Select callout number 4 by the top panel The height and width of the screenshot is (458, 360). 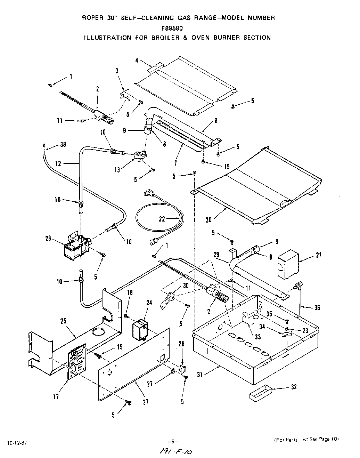point(137,61)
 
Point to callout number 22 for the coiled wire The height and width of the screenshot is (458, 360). point(162,219)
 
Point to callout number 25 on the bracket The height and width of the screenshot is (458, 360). point(63,320)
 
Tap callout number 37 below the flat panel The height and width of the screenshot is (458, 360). point(146,402)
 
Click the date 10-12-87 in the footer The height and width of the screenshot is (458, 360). point(16,443)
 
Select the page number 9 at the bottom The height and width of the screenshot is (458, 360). point(172,442)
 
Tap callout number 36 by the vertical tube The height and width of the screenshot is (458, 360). point(317,307)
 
